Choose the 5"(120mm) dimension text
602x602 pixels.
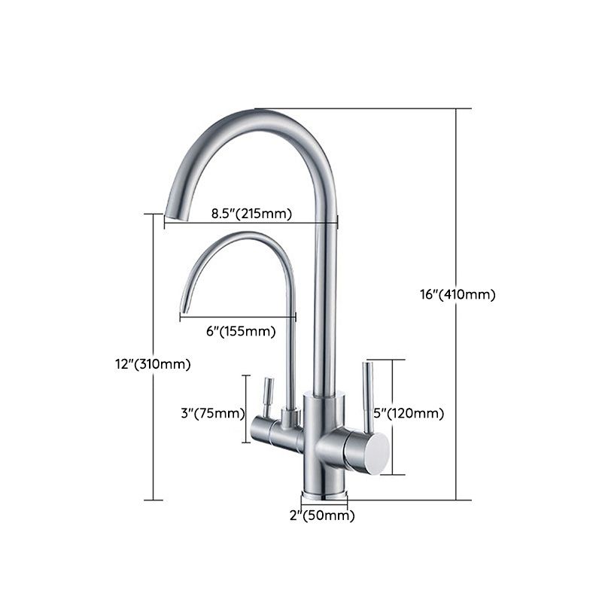coord(409,413)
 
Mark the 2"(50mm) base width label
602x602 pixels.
coord(324,515)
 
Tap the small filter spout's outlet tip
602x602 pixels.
coord(182,309)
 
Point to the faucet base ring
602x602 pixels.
coord(325,495)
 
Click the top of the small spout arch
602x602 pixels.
coord(241,237)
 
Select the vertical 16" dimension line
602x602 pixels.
coord(456,188)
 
